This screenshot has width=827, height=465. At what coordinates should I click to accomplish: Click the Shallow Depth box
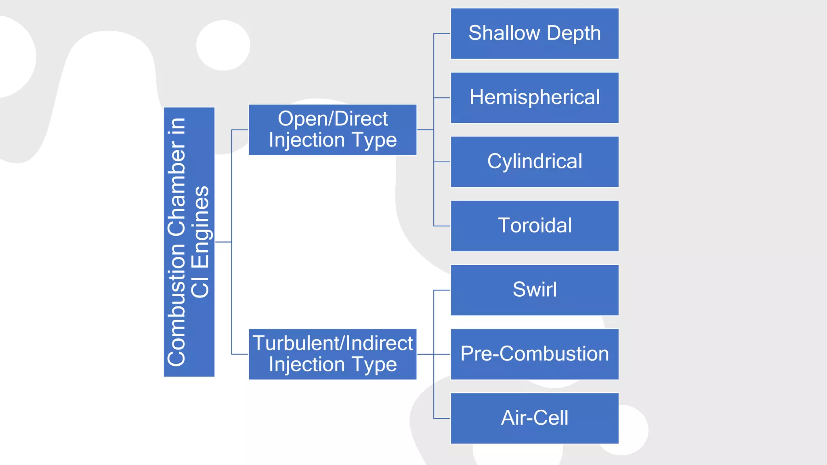534,34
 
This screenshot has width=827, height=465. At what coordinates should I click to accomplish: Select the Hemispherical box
534,98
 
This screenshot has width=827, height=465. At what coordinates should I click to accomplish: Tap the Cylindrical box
534,162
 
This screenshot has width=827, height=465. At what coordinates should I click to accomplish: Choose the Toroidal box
534,226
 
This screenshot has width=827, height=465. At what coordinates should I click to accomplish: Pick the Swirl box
534,290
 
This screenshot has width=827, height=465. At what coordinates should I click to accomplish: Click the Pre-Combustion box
534,354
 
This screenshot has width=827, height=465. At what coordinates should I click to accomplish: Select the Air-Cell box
534,418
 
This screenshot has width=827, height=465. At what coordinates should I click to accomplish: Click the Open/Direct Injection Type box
332,130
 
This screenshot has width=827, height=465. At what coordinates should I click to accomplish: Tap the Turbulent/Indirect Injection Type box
332,354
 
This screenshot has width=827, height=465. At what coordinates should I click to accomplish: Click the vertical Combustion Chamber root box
189,242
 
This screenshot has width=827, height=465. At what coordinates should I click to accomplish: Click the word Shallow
504,33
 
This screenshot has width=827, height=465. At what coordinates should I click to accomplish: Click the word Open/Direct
332,119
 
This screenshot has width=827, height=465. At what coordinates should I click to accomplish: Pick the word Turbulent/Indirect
332,343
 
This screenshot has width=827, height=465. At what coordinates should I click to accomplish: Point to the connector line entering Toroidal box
442,226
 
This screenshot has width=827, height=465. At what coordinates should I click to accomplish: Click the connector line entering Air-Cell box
442,418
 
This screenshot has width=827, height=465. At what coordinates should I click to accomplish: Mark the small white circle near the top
223,45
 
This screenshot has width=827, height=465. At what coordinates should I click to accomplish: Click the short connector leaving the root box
223,242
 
